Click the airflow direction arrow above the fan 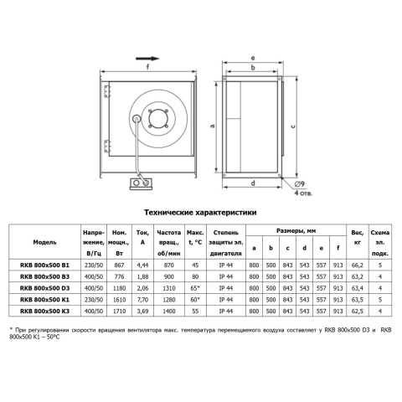(147, 59)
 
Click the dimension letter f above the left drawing (147, 67)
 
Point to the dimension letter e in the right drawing (253, 58)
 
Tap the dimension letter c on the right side (293, 126)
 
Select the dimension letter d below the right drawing (253, 183)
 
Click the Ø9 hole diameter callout (299, 184)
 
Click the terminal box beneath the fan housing (141, 183)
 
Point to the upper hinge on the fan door (106, 91)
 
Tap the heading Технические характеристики (200, 213)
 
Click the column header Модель (44, 242)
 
